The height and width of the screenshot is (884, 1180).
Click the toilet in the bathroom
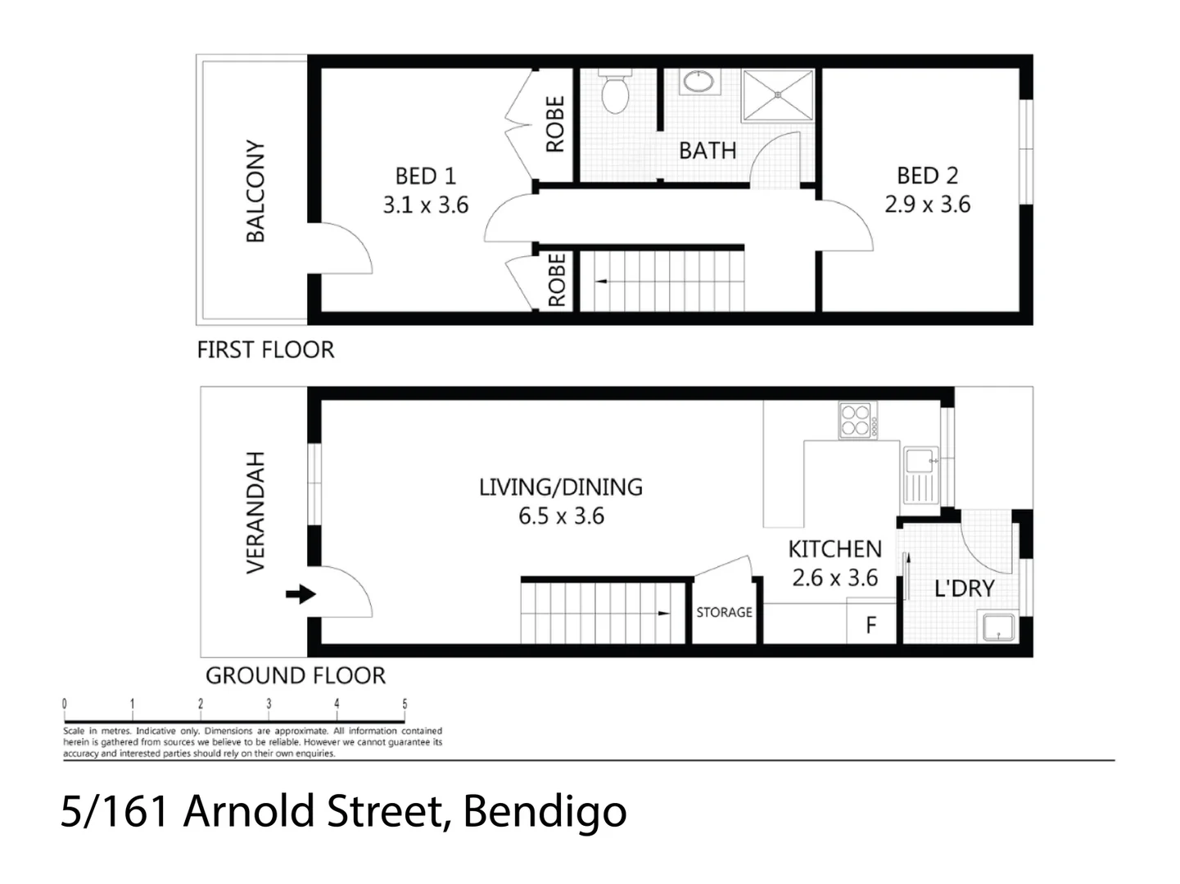pyautogui.click(x=614, y=92)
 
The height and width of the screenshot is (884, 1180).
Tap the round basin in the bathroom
pyautogui.click(x=699, y=82)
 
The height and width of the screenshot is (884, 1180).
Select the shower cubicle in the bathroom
pyautogui.click(x=778, y=95)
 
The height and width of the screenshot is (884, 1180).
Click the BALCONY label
pyautogui.click(x=255, y=191)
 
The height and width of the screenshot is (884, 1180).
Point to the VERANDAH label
pyautogui.click(x=255, y=512)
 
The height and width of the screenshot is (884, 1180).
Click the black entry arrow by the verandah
pyautogui.click(x=301, y=594)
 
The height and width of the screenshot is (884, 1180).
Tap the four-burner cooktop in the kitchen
pyautogui.click(x=857, y=420)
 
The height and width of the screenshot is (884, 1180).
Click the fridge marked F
pyautogui.click(x=871, y=625)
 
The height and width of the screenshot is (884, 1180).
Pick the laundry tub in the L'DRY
pyautogui.click(x=998, y=627)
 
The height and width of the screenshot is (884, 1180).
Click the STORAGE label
pyautogui.click(x=724, y=612)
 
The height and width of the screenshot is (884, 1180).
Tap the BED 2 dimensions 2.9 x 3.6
pyautogui.click(x=927, y=204)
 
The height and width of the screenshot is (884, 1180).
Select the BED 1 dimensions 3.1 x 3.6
pyautogui.click(x=426, y=205)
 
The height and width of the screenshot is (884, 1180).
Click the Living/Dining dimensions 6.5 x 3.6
pyautogui.click(x=561, y=516)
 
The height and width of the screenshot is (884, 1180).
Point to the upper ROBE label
pyautogui.click(x=556, y=124)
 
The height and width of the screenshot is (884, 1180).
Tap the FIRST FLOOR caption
pyautogui.click(x=265, y=350)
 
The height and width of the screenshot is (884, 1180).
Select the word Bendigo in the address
pyautogui.click(x=545, y=811)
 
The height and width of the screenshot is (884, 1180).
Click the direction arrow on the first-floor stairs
pyautogui.click(x=603, y=282)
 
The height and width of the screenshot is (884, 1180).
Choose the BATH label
pyautogui.click(x=708, y=151)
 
